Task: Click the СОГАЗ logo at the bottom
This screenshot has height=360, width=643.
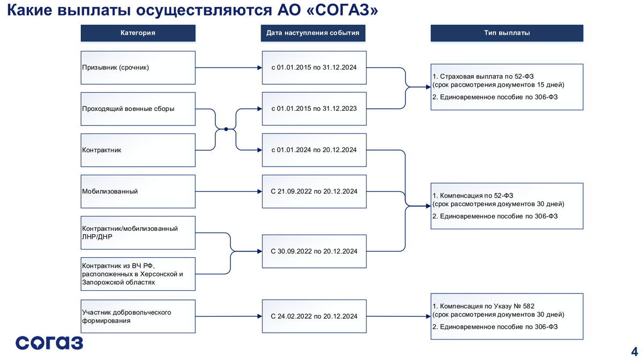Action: (x=49, y=342)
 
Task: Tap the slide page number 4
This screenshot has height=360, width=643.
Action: (x=634, y=343)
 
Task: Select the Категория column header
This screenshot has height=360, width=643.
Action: (x=138, y=33)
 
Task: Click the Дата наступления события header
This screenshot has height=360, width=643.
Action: (x=314, y=33)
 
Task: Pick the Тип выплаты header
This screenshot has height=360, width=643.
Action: (x=506, y=33)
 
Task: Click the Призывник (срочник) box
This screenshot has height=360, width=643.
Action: (x=138, y=67)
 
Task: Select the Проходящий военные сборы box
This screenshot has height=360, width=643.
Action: (x=138, y=109)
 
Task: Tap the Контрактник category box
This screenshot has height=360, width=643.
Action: (x=138, y=150)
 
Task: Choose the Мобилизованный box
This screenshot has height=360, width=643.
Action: (x=138, y=191)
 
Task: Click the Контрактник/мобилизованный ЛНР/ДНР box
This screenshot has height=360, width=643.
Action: (x=138, y=232)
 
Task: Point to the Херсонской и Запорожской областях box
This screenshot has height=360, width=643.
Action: (x=138, y=274)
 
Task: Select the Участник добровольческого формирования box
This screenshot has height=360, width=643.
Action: (x=138, y=316)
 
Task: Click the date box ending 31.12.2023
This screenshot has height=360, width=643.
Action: (x=314, y=109)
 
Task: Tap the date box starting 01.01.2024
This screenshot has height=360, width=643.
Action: (x=314, y=150)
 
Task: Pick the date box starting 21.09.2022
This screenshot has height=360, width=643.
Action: (x=314, y=191)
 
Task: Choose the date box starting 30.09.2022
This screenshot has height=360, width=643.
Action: (x=314, y=251)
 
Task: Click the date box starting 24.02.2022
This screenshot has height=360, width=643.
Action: (x=314, y=316)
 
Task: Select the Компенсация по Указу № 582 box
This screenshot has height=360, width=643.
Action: (x=506, y=316)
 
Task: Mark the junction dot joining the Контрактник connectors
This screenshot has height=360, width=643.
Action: (x=226, y=129)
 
